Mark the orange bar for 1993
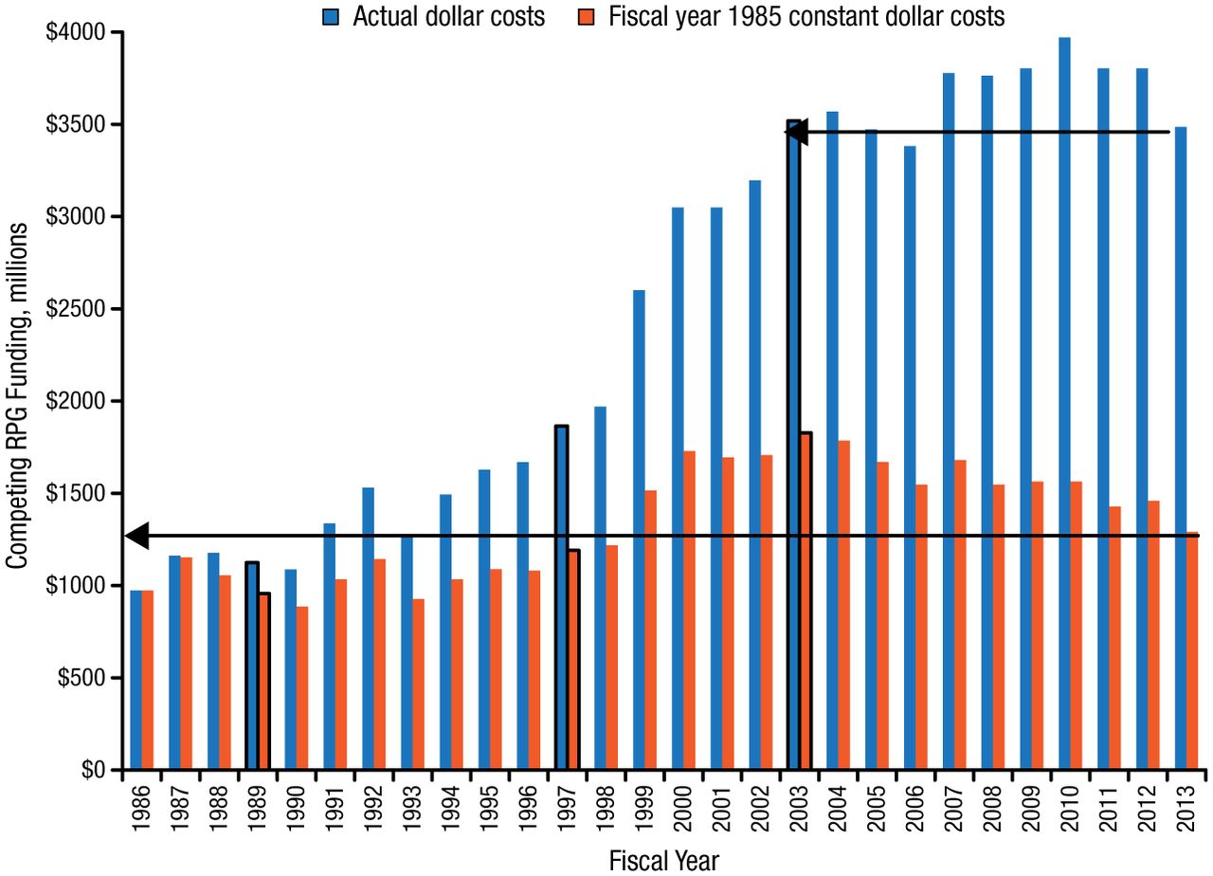click(x=419, y=684)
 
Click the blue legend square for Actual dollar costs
click(x=331, y=16)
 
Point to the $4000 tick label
click(x=75, y=33)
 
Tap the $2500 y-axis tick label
click(x=75, y=309)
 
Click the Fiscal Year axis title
click(x=663, y=861)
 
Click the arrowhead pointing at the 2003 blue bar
click(x=796, y=132)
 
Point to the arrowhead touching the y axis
click(x=137, y=536)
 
